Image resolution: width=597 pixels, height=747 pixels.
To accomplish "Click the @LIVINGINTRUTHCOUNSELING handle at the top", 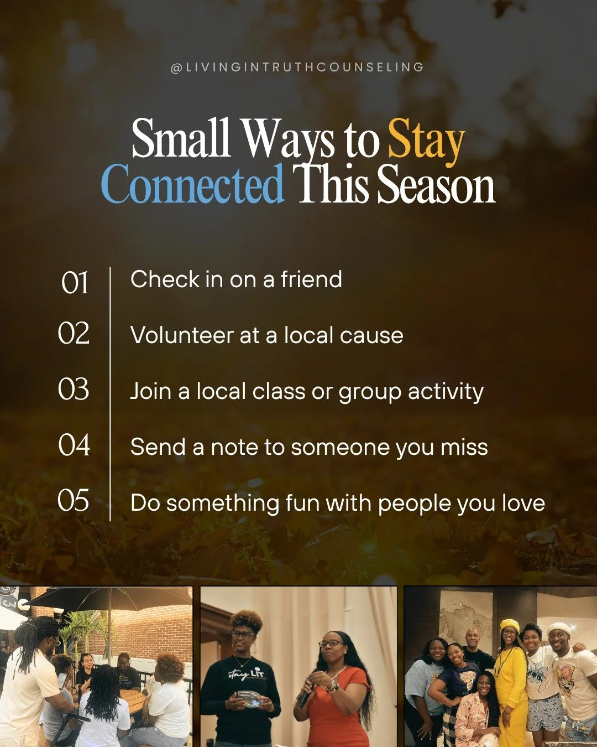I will [x=297, y=68].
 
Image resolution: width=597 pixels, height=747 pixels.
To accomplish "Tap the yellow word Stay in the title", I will [x=426, y=139].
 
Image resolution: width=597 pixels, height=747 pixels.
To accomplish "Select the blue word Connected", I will [x=192, y=185].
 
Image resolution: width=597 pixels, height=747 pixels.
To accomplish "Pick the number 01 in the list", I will [x=75, y=283].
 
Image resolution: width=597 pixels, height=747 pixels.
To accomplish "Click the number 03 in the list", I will [x=74, y=389].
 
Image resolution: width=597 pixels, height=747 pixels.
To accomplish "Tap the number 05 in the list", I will [x=74, y=500].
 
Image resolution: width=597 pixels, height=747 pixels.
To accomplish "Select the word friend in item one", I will [x=311, y=279].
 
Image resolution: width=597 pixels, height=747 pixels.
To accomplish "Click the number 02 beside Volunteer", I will [x=74, y=333].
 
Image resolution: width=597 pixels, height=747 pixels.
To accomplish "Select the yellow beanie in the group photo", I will [x=509, y=625].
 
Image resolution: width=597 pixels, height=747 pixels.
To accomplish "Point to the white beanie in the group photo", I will [x=558, y=628].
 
